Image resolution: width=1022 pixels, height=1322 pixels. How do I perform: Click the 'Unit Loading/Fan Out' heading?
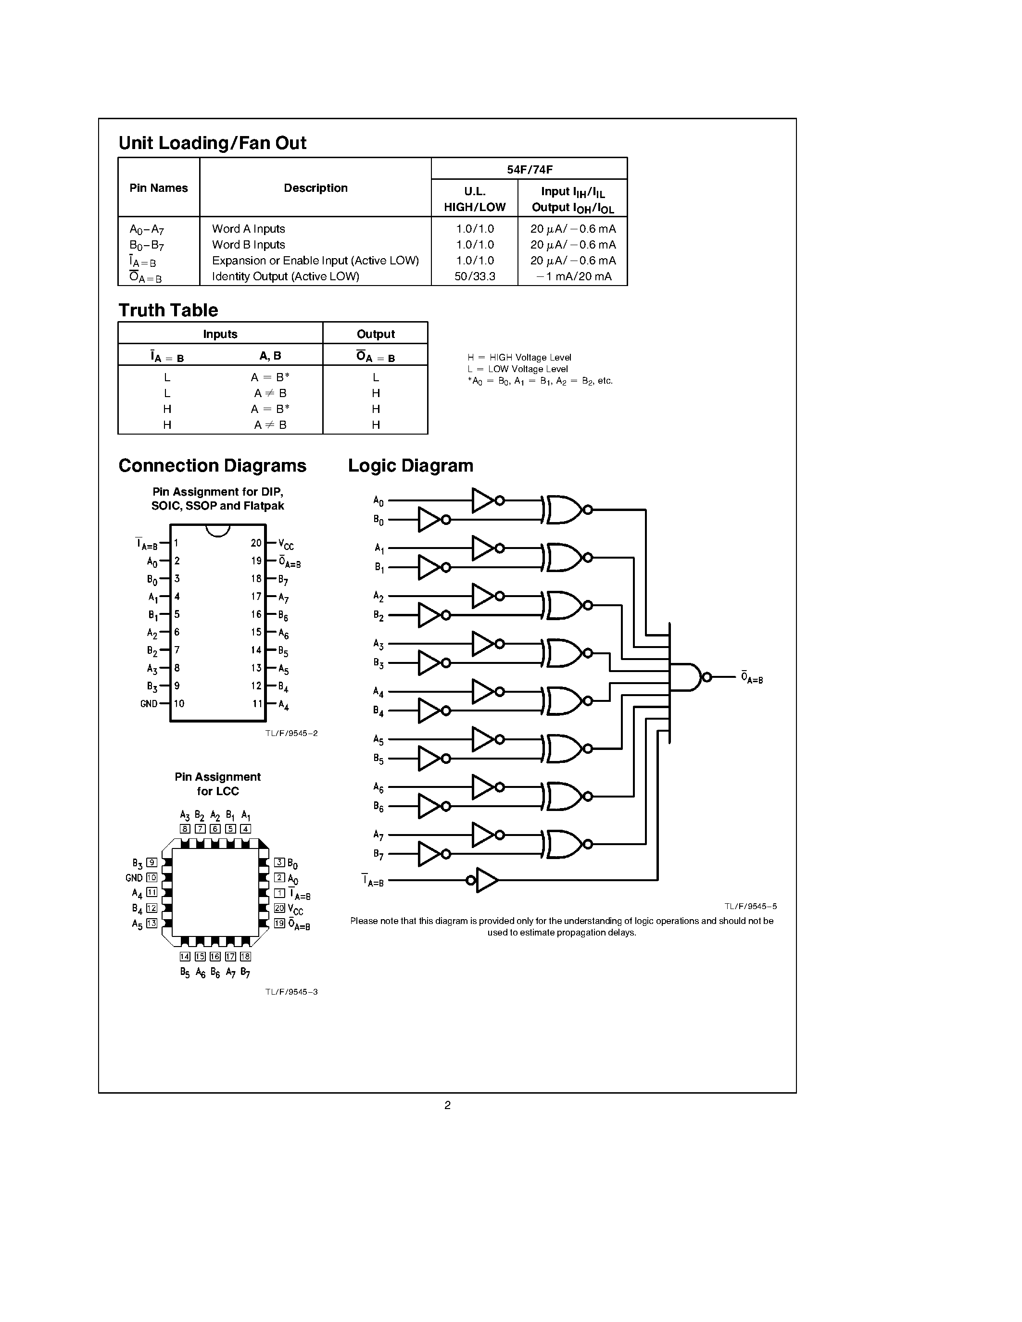click(213, 143)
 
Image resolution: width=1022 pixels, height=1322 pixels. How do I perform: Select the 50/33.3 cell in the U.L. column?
click(475, 276)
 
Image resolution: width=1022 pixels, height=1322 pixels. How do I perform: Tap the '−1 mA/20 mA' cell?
click(573, 276)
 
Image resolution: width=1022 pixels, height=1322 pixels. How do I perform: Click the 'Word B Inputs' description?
click(248, 245)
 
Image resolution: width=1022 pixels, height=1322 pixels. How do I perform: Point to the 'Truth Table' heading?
click(168, 310)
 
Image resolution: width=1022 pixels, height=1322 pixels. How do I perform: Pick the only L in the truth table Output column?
click(376, 377)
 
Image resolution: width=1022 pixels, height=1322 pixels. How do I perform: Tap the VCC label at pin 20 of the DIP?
click(286, 544)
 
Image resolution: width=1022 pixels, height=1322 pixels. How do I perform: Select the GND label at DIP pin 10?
click(149, 703)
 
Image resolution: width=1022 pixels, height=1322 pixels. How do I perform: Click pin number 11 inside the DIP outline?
click(257, 703)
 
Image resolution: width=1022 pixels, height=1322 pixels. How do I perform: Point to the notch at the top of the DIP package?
click(218, 530)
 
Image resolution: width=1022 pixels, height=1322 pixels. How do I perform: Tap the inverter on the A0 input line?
click(484, 500)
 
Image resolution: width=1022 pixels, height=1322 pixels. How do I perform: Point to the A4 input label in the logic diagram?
click(379, 691)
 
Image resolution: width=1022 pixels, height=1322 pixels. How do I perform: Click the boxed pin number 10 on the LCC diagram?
click(152, 877)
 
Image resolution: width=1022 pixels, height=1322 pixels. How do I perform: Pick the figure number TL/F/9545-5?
click(750, 906)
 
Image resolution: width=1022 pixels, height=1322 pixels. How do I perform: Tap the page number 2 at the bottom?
click(447, 1105)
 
